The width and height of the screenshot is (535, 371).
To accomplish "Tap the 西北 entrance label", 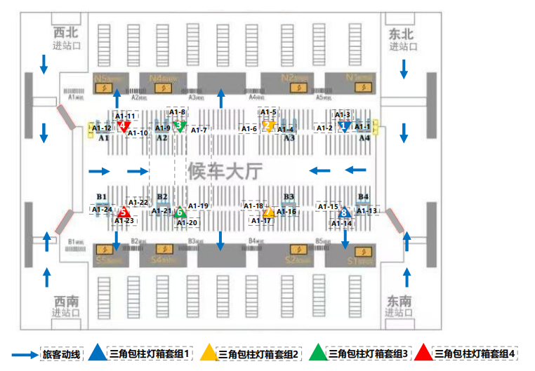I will [x=67, y=34].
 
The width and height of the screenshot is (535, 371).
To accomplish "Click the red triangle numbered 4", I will [x=124, y=126].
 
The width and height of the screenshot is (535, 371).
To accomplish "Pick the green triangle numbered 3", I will [x=179, y=126].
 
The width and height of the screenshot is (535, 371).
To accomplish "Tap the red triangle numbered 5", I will [x=124, y=211].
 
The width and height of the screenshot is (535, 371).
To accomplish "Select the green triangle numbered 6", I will [x=180, y=211].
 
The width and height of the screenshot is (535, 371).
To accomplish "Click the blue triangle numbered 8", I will [x=343, y=212].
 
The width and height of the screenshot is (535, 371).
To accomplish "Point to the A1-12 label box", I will [x=102, y=128].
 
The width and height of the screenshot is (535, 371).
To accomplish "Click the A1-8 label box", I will [x=178, y=112].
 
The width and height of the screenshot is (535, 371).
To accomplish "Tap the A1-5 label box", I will [x=268, y=112].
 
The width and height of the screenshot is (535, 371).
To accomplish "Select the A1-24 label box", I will [x=102, y=209].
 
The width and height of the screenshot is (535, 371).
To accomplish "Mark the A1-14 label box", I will [x=342, y=224].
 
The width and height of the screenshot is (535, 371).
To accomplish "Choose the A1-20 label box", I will [x=187, y=223].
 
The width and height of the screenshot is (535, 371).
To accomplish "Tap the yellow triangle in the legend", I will [x=209, y=353].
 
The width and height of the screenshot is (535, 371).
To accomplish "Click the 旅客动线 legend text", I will [x=62, y=354].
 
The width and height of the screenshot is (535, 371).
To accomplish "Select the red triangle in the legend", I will [x=423, y=353].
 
